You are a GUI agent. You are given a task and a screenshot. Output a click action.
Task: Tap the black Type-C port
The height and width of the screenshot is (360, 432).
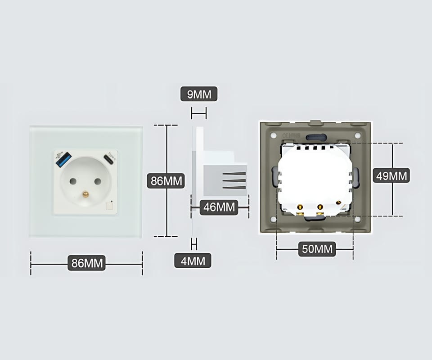click(x=108, y=159)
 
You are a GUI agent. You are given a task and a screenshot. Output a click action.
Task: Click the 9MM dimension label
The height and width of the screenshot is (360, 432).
click(x=199, y=94)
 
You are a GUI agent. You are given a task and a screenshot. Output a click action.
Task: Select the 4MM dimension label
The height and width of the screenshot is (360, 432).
click(x=193, y=260)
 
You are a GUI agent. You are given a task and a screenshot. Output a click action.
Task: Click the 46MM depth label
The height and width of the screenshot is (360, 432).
click(x=220, y=207)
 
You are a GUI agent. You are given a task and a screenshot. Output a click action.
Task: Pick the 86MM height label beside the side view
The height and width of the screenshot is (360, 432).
click(x=167, y=181)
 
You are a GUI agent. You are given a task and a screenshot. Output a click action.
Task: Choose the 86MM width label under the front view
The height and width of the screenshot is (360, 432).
click(x=86, y=263)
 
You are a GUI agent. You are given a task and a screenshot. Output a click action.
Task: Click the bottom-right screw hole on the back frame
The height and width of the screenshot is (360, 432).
click(x=357, y=220)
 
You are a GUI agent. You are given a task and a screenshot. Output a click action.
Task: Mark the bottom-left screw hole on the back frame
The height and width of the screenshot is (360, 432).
click(x=274, y=220)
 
